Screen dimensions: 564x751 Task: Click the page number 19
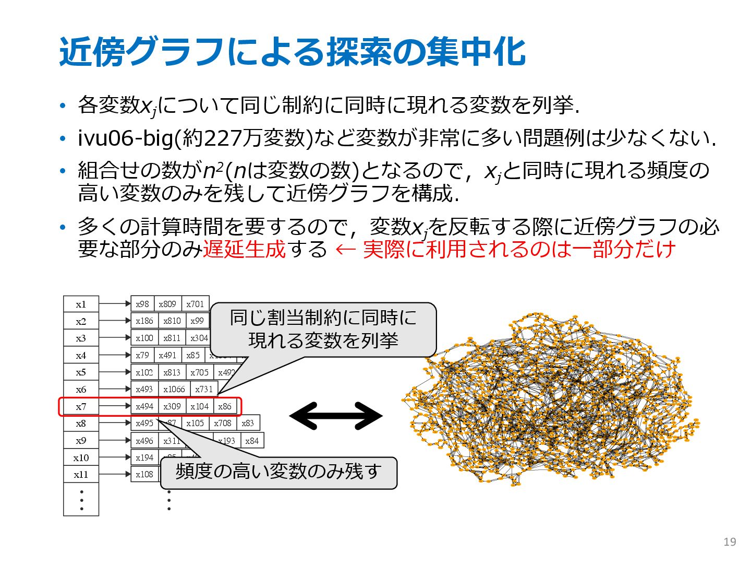(x=730, y=542)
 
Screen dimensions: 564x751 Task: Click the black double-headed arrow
(x=336, y=416)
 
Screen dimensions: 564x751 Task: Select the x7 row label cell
(x=81, y=406)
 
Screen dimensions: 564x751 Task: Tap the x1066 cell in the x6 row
(x=174, y=389)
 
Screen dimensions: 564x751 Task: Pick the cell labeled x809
(x=167, y=304)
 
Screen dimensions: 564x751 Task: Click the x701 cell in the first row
(x=195, y=304)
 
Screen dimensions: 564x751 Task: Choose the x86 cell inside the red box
(x=225, y=406)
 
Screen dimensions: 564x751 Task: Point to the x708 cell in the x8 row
(x=223, y=423)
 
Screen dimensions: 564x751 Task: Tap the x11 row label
(x=81, y=474)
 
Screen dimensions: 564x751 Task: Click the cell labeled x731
(x=204, y=389)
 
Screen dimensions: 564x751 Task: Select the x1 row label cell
(x=81, y=304)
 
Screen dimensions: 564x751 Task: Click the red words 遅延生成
(x=244, y=249)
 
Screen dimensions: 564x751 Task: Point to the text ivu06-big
(x=125, y=138)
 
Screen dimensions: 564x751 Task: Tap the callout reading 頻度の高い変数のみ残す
(x=278, y=472)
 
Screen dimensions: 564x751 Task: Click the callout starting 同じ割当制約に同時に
(x=323, y=329)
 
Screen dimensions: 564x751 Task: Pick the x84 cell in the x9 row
(x=252, y=440)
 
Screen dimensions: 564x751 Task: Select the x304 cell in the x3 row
(x=199, y=338)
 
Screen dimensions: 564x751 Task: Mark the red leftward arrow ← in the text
(x=345, y=249)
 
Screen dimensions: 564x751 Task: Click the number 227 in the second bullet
(x=222, y=138)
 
